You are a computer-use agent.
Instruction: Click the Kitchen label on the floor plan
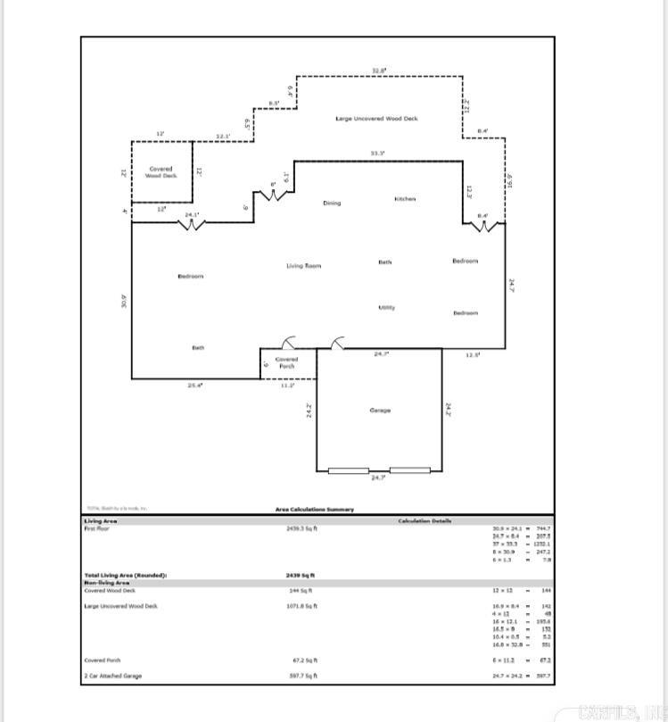405,199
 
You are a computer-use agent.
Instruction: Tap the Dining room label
332,203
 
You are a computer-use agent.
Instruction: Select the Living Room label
303,266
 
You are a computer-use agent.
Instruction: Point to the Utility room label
386,307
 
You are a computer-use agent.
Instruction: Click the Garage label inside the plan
380,411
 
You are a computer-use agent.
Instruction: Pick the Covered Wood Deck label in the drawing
161,172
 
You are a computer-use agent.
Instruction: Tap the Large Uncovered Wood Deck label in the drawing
376,118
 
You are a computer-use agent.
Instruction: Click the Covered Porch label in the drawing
286,363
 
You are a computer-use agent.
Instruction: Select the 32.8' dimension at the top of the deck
379,71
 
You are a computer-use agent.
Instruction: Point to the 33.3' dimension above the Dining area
378,154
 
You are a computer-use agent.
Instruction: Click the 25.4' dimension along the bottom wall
194,386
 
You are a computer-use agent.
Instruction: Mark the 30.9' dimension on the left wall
125,302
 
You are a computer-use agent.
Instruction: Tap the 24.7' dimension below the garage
378,478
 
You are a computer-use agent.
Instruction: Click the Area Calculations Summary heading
314,510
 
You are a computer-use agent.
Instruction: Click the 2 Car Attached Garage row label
112,676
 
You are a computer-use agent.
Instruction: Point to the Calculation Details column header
425,521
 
